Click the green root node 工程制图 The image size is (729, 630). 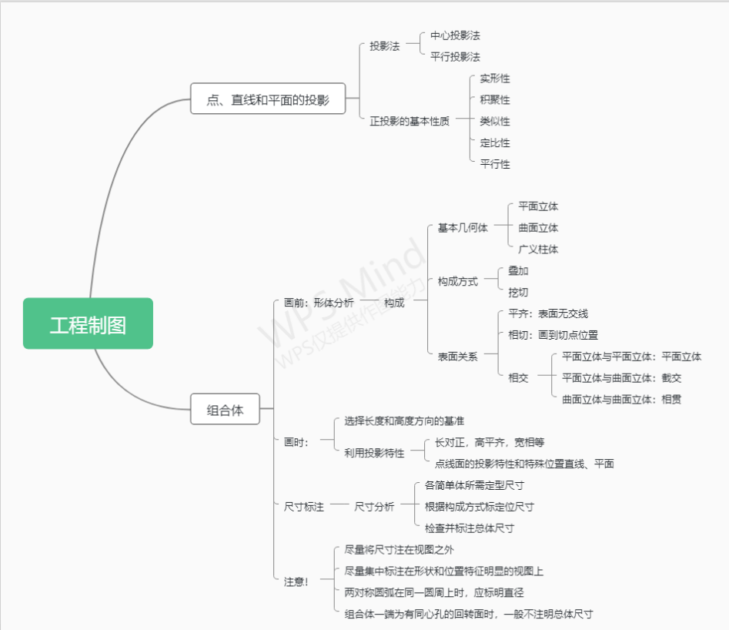[x=88, y=324]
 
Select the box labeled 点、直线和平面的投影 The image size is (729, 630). [x=268, y=99]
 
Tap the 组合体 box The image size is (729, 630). [x=225, y=410]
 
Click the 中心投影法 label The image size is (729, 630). [x=455, y=35]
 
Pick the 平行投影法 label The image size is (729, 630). [x=455, y=57]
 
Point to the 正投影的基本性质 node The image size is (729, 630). [x=409, y=121]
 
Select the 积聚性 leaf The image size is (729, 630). [x=494, y=100]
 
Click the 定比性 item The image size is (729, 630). [x=494, y=142]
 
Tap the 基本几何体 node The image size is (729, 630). [x=462, y=228]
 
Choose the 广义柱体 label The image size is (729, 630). [x=538, y=250]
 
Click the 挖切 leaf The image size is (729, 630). [x=518, y=293]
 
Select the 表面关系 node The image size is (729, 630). [x=457, y=357]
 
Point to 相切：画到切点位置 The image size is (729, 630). [x=553, y=335]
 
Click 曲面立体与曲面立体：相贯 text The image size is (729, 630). [x=621, y=399]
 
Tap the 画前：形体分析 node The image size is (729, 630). [x=319, y=303]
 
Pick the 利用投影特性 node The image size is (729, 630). [x=374, y=453]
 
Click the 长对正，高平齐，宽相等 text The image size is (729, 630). [x=489, y=442]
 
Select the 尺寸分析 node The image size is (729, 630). [x=374, y=507]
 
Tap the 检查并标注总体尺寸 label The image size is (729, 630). [x=469, y=528]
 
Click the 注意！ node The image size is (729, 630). [x=296, y=581]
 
